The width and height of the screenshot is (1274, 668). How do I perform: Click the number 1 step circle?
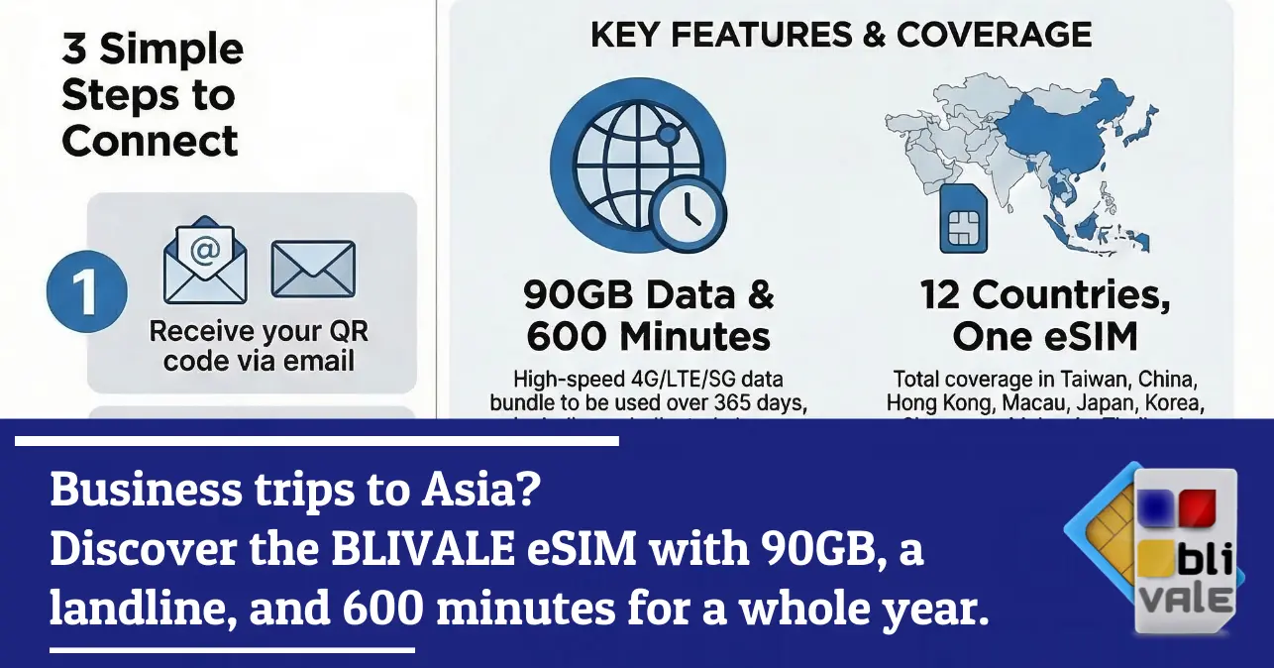[x=86, y=294]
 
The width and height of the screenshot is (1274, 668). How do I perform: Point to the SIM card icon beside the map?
[x=960, y=219]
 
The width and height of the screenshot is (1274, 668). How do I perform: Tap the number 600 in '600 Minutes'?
[x=565, y=337]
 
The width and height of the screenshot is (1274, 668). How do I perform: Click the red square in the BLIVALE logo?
[x=1201, y=507]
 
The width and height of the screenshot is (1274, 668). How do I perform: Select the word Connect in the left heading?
[x=151, y=141]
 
